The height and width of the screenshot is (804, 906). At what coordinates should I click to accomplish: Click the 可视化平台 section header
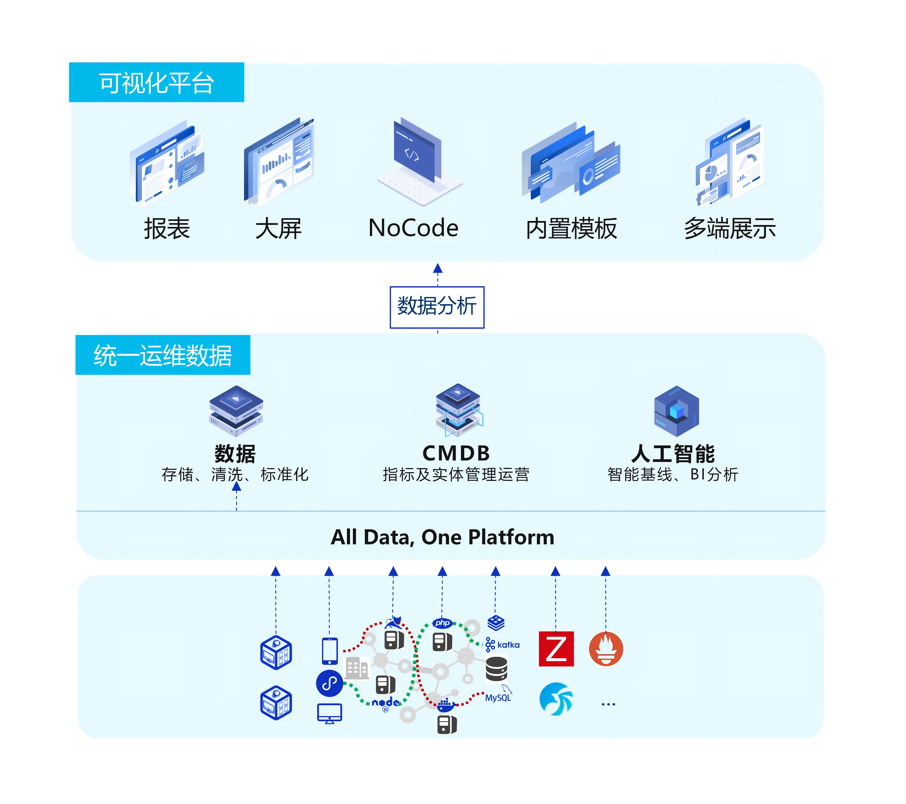[x=156, y=83]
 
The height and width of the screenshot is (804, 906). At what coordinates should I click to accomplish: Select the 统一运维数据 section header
[x=163, y=355]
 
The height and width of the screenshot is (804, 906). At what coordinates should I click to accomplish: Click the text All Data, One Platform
[x=442, y=537]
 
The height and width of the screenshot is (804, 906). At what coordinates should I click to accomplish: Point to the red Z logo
[x=556, y=649]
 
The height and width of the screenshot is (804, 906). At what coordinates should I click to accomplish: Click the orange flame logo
[x=606, y=649]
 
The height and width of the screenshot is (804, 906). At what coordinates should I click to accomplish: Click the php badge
[x=442, y=623]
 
